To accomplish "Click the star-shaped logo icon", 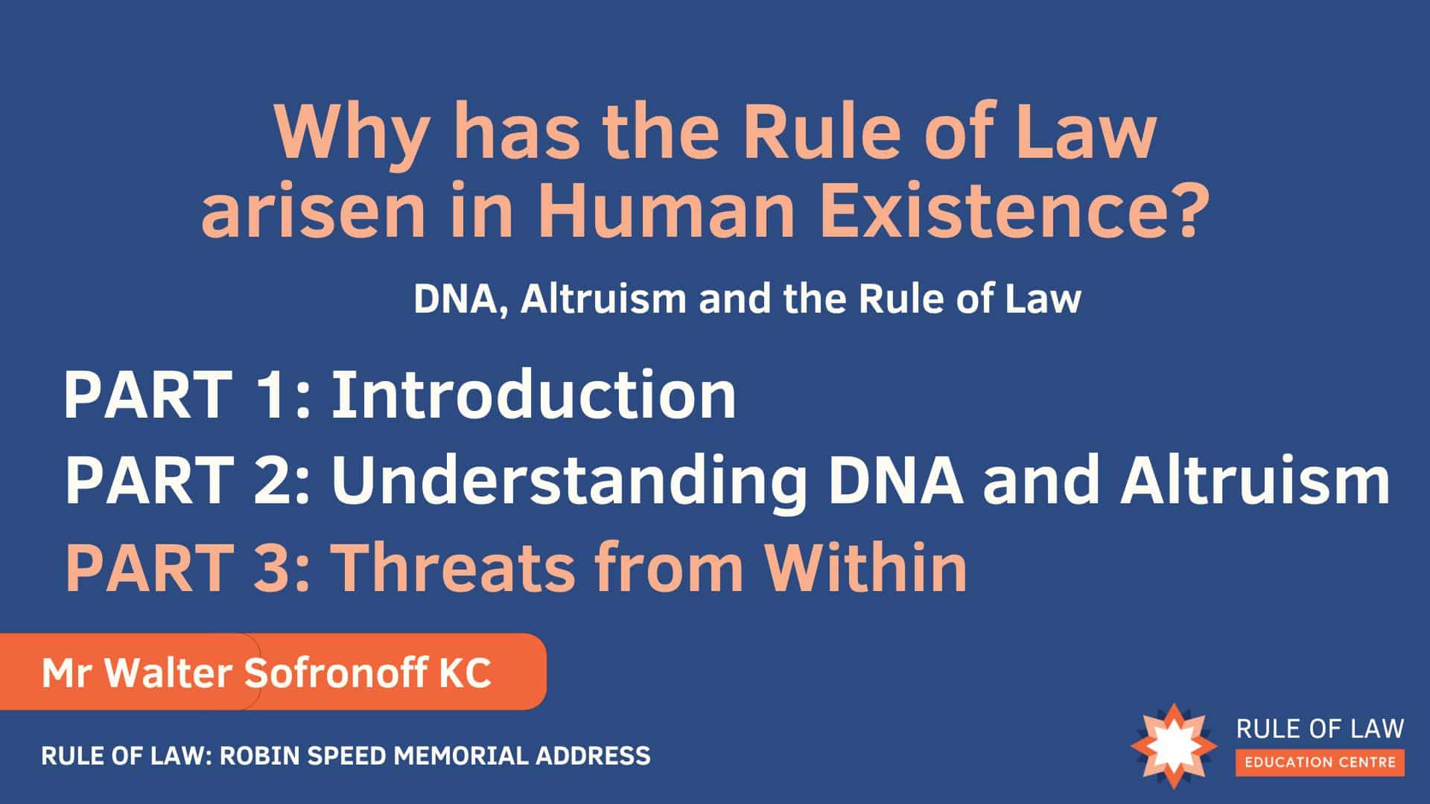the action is coord(1174,745).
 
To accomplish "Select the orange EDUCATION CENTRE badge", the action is coord(1321,762).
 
